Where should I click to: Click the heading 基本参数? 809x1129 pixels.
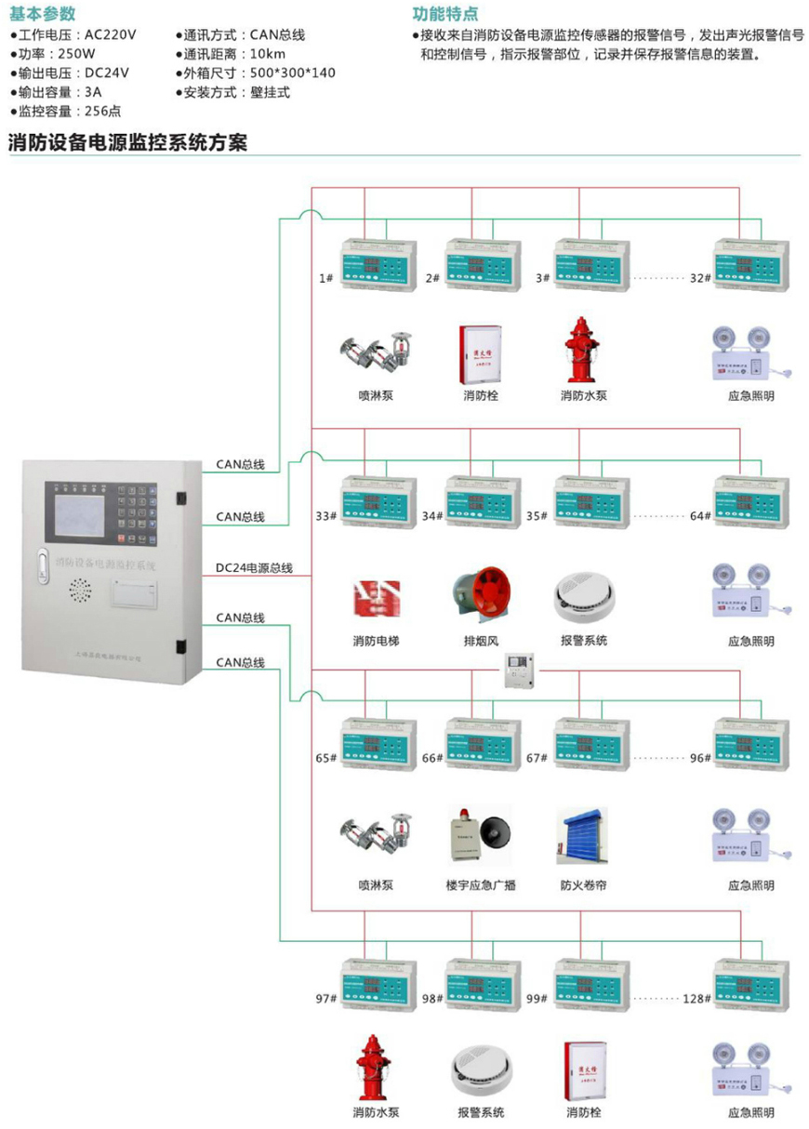tap(43, 14)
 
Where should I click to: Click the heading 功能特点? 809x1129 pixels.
tap(445, 14)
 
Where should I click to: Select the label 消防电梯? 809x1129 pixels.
tap(376, 641)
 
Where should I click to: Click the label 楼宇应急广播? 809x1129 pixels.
tap(481, 885)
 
